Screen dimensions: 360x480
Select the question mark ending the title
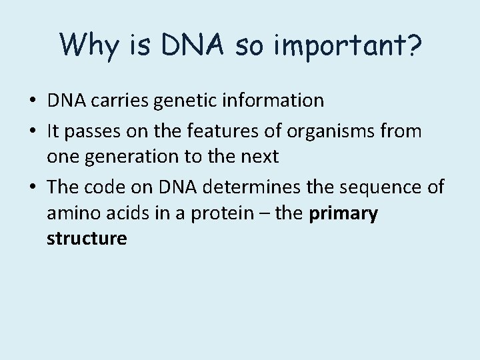click(x=412, y=45)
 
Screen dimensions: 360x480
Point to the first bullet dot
click(x=32, y=101)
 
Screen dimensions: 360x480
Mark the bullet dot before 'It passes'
click(x=32, y=132)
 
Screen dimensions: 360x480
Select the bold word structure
click(x=87, y=238)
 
